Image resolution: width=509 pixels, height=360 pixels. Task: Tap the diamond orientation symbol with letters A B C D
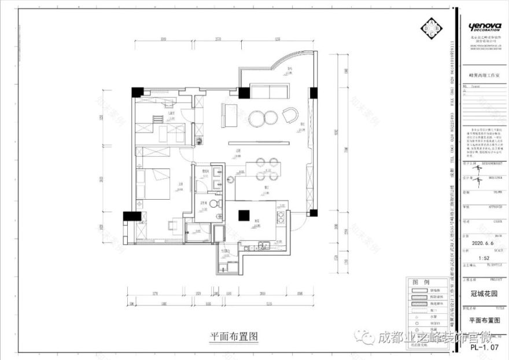tap(431, 28)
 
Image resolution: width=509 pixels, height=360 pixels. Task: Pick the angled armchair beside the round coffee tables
tap(290, 115)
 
